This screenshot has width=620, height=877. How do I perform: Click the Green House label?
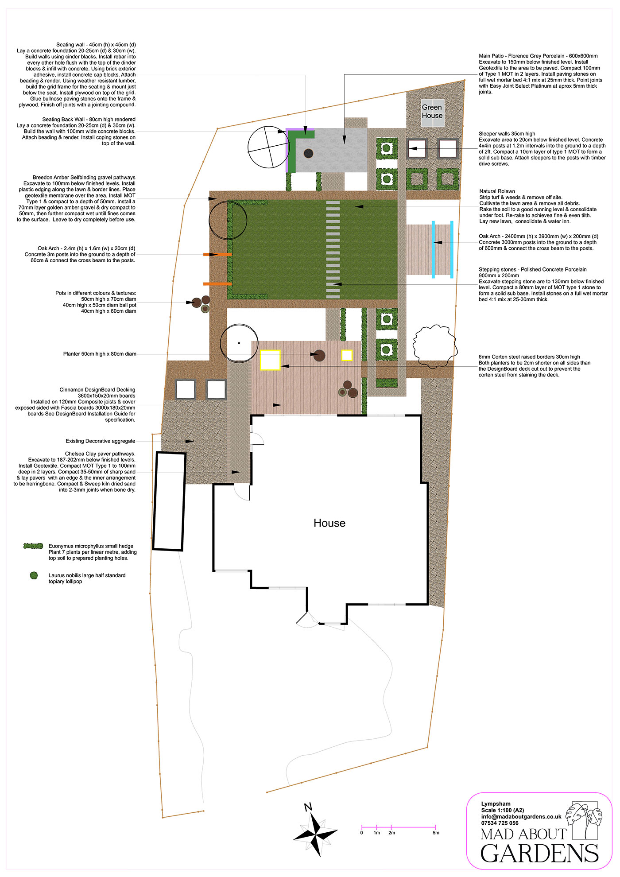(x=432, y=111)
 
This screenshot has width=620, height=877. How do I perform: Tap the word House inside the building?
(x=329, y=523)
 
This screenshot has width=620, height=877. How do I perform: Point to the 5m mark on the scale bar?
(x=436, y=833)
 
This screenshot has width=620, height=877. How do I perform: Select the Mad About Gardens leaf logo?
(x=587, y=814)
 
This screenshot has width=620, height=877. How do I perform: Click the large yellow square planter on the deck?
(x=270, y=360)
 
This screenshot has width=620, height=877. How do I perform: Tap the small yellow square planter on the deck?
(x=347, y=355)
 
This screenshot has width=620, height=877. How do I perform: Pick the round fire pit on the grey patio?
(x=309, y=154)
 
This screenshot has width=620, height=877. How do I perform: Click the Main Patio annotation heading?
(x=538, y=56)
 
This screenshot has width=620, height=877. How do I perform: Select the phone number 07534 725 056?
(x=500, y=823)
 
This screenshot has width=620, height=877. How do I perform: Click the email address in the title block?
(x=521, y=817)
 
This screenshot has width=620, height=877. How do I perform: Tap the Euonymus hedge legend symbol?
(x=33, y=546)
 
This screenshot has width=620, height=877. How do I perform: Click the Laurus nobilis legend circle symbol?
(x=34, y=575)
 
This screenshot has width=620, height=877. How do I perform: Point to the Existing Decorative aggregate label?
(x=101, y=441)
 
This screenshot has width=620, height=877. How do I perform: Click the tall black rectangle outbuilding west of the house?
(x=169, y=501)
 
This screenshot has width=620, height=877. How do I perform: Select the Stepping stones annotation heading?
(x=533, y=269)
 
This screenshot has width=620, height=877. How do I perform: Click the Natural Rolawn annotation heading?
(x=497, y=191)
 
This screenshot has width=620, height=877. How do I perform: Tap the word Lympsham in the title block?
(x=496, y=804)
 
